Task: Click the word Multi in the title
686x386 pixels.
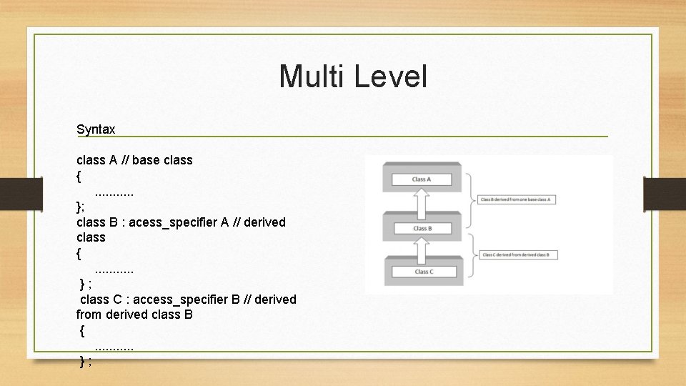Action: (x=313, y=76)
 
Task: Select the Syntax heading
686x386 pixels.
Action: (x=96, y=129)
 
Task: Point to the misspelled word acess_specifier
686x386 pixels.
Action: (x=173, y=222)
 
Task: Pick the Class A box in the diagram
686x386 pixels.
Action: (x=422, y=179)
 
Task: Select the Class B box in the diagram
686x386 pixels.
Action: (x=422, y=228)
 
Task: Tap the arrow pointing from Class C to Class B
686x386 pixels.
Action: (x=422, y=250)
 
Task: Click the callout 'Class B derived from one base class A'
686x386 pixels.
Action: (x=515, y=199)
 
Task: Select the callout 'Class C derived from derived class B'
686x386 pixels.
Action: (x=515, y=255)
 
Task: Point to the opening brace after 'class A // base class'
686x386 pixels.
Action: (x=79, y=176)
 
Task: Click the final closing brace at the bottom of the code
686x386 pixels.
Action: (x=83, y=361)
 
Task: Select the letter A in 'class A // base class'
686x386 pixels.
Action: (x=113, y=160)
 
